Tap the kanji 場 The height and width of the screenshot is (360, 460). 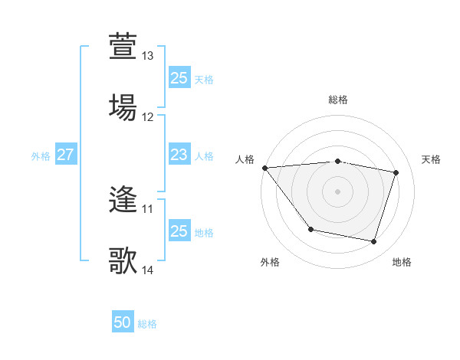123,106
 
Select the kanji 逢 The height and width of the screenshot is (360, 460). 123,201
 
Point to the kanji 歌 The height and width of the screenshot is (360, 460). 123,260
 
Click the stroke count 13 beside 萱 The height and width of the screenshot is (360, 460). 148,56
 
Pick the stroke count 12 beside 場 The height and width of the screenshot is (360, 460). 148,117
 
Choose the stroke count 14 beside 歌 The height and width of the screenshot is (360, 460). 148,270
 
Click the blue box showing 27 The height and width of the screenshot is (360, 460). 65,155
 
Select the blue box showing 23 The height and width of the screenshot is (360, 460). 179,155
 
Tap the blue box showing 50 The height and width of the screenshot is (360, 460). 123,322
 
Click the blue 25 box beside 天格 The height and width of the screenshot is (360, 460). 179,78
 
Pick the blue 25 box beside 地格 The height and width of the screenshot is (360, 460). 179,231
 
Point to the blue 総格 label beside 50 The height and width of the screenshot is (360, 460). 148,324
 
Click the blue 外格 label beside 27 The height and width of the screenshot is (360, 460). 41,155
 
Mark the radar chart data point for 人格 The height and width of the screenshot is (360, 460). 264,168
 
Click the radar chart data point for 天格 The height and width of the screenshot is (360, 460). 396,172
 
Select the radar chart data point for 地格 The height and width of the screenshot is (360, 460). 373,242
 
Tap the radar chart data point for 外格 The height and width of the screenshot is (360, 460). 310,229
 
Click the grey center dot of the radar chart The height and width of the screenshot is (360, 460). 337,191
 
